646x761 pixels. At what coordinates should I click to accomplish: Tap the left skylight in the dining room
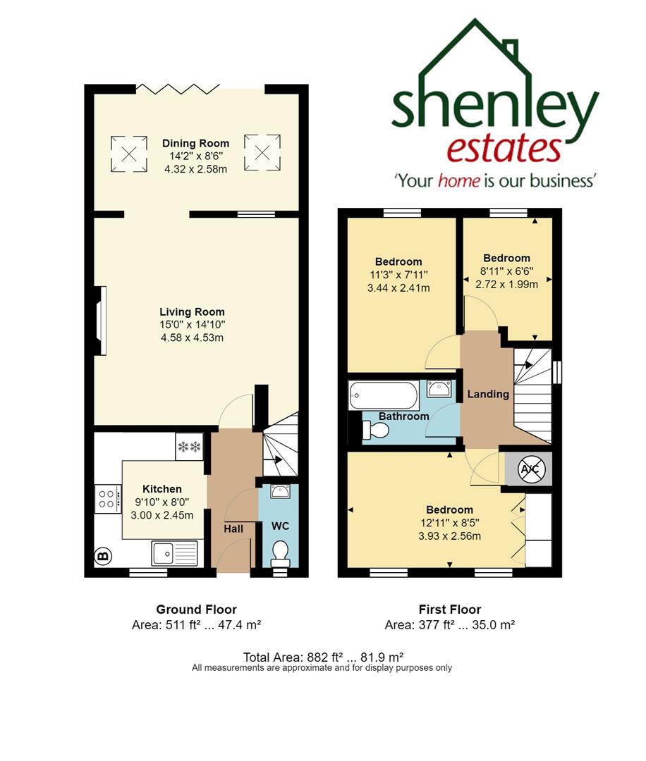click(x=129, y=154)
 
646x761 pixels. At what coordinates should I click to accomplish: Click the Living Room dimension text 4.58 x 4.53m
click(x=192, y=338)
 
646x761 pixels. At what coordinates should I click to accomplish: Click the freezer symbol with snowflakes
click(x=190, y=447)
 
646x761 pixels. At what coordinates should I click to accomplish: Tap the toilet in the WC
click(x=280, y=553)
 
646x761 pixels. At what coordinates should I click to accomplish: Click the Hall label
click(x=233, y=528)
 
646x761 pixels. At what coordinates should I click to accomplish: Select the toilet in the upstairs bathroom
click(x=374, y=430)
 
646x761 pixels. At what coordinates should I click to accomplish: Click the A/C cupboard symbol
click(x=528, y=469)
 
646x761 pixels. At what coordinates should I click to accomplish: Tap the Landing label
click(x=488, y=394)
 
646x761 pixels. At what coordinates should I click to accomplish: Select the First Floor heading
click(x=449, y=610)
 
